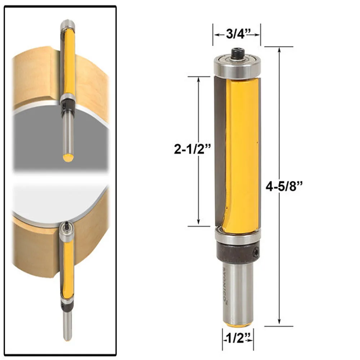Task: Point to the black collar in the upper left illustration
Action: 67,105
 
